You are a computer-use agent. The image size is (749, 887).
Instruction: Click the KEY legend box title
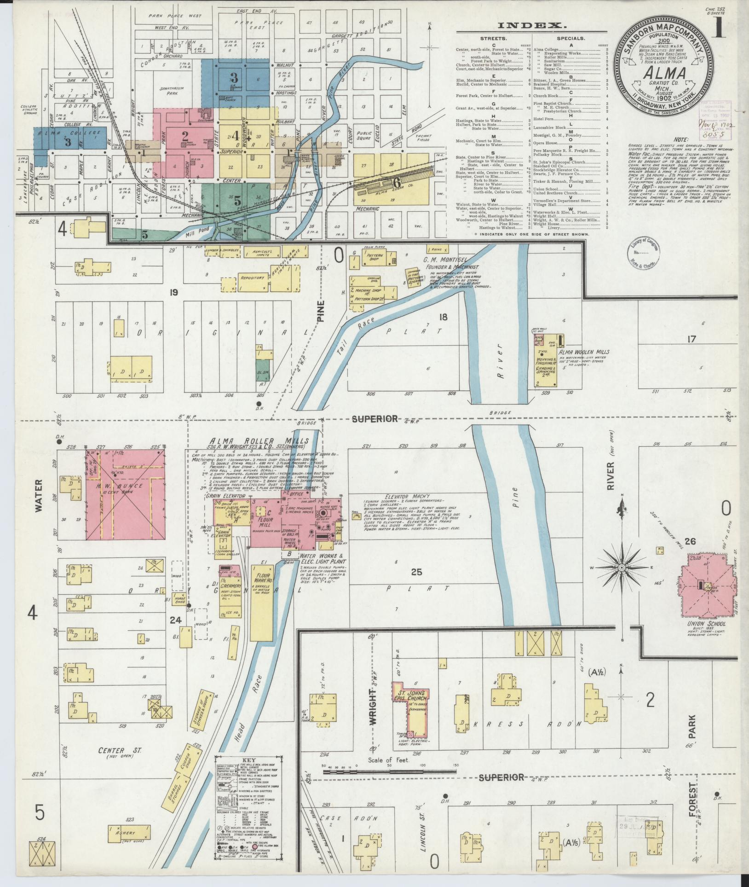tap(249, 760)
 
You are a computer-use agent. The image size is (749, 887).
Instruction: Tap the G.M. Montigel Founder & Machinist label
tap(451, 263)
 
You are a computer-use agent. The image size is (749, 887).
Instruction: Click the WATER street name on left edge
tap(38, 495)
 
